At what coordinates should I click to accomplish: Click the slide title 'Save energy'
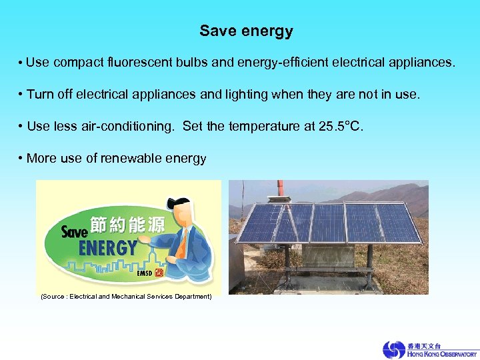pos(246,31)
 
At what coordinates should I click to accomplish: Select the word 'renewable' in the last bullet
pos(130,159)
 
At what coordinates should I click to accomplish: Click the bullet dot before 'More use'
pos(21,159)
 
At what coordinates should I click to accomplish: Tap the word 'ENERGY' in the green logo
pos(107,248)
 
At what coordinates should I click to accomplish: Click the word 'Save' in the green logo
pos(75,231)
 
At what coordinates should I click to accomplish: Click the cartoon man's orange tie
pos(181,245)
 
